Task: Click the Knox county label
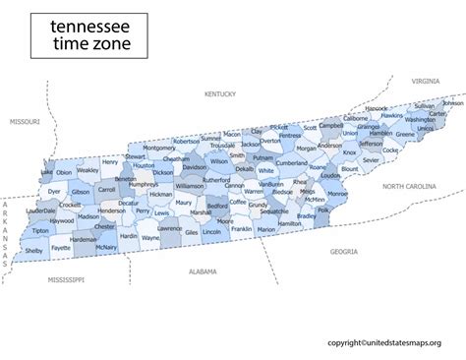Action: coord(349,152)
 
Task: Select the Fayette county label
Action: coord(61,249)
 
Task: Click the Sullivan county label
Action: coord(424,106)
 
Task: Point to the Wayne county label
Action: coord(150,238)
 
